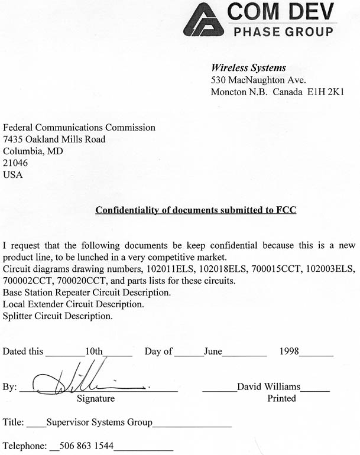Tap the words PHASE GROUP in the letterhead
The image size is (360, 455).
[x=284, y=31]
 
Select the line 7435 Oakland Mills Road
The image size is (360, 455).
[x=54, y=139]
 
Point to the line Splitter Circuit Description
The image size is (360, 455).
[x=57, y=316]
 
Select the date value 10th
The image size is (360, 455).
[x=94, y=351]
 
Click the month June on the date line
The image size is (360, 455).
[x=213, y=351]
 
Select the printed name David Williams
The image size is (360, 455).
[x=268, y=386]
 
